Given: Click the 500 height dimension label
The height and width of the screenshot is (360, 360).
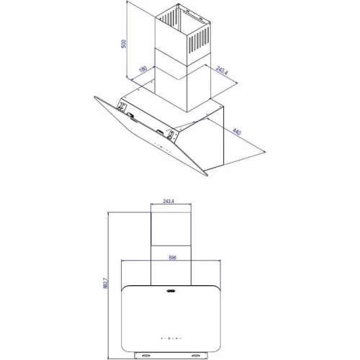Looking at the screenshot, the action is tap(124, 44).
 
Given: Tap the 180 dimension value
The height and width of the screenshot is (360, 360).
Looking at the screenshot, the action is tap(143, 69).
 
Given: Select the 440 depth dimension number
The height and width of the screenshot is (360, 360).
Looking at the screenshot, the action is tap(237, 132).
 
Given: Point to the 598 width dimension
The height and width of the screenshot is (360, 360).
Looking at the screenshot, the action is tap(172, 258).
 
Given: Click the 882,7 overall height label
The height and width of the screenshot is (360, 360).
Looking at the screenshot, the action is tap(106, 283).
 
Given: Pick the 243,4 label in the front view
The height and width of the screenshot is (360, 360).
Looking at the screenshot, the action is tap(168, 201).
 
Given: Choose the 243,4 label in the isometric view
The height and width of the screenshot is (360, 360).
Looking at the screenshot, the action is tap(222, 71).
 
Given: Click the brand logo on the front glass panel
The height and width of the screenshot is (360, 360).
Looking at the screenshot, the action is tap(171, 291).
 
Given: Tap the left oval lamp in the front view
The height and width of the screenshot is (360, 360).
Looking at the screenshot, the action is tap(145, 355).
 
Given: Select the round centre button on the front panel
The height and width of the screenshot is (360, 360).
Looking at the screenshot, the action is tap(169, 338).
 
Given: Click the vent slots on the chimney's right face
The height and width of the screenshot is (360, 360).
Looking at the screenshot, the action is tap(199, 40).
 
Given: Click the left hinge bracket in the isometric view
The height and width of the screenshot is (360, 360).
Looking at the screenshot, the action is tap(122, 107).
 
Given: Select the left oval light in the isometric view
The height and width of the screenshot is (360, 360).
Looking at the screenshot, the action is tap(131, 115).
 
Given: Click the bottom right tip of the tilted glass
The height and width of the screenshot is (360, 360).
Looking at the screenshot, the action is tap(207, 176).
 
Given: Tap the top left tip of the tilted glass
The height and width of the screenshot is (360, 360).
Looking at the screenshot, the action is tap(95, 97).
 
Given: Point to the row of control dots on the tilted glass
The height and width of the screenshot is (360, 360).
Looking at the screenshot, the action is tap(162, 148).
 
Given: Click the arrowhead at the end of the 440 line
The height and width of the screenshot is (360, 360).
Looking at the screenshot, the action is tap(264, 151).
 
